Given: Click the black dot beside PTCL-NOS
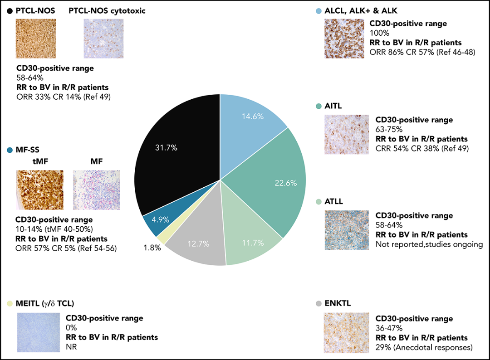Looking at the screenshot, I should click(x=10, y=11).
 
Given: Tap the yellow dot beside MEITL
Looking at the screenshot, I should click(x=10, y=303).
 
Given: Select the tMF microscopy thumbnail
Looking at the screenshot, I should click(x=40, y=190).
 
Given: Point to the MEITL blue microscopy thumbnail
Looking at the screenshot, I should click(x=39, y=331).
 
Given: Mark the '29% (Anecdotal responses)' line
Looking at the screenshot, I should click(x=424, y=348).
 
